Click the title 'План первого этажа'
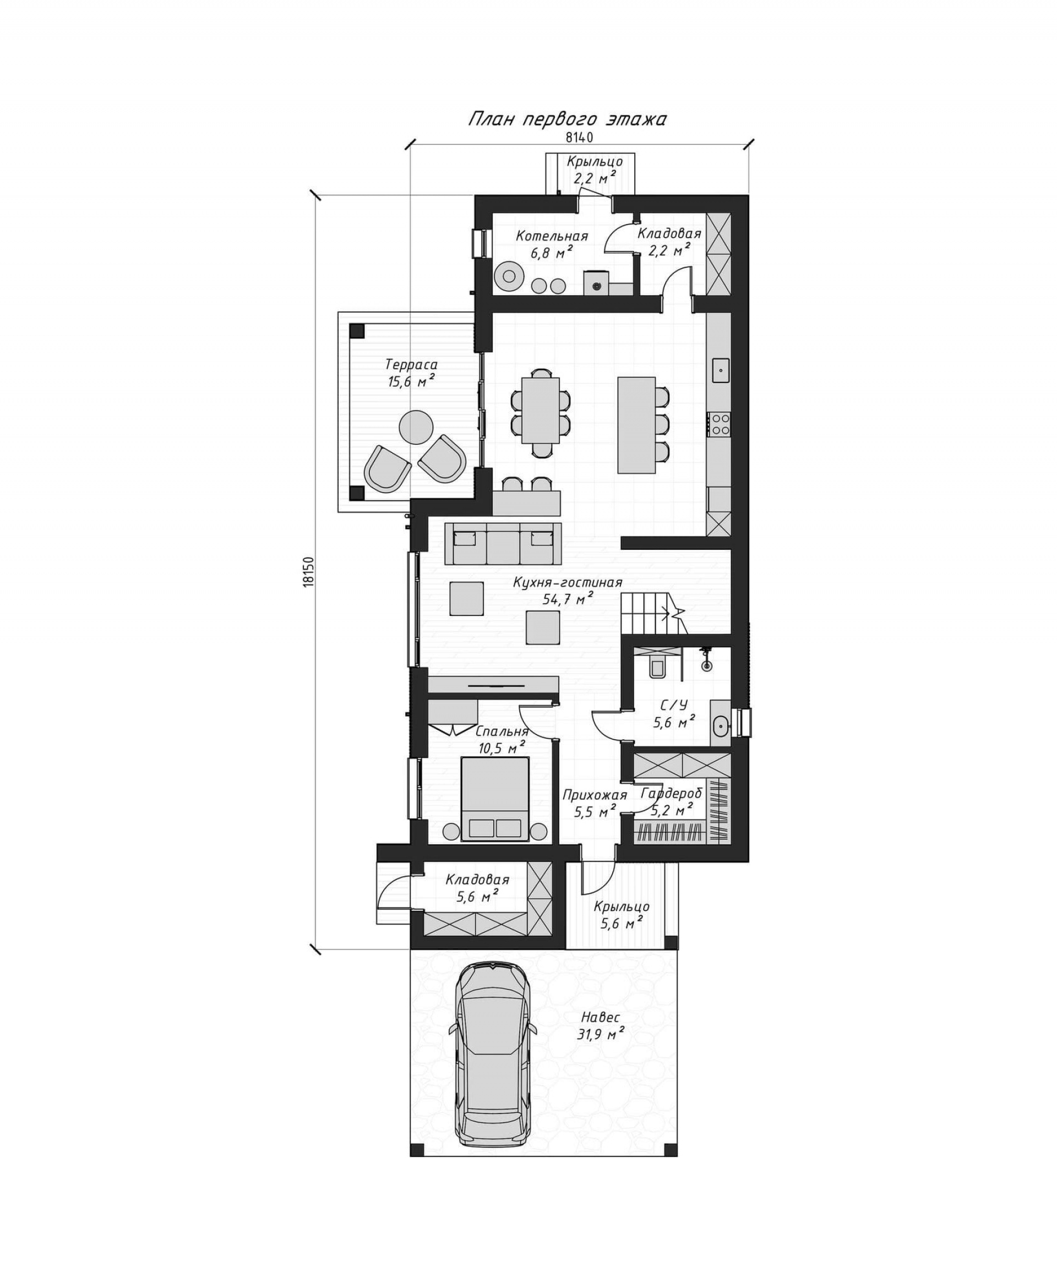(x=567, y=119)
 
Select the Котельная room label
(x=552, y=236)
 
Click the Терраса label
(x=411, y=364)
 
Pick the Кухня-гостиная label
(x=568, y=582)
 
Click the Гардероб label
(x=672, y=793)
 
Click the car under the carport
(x=492, y=1056)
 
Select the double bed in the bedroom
(x=495, y=799)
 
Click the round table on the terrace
(x=416, y=427)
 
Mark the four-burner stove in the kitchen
(x=720, y=424)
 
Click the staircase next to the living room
(x=655, y=613)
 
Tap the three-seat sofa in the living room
(x=503, y=543)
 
